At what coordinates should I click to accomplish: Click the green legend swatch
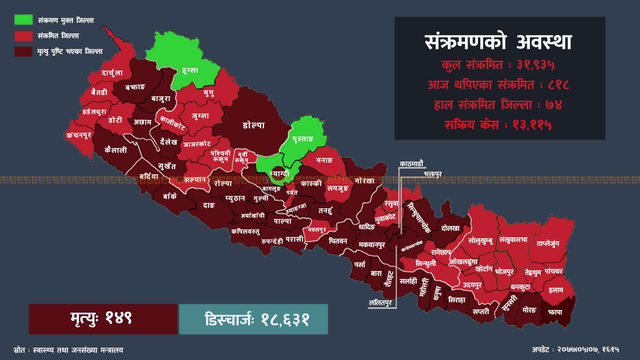coord(23,20)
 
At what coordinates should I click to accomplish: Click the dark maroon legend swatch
coord(23,51)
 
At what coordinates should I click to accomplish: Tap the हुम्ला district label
coord(190,70)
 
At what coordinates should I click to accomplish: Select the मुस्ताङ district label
coord(303,139)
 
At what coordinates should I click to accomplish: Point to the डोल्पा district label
coord(254,125)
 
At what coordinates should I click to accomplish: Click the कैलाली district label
coord(116,150)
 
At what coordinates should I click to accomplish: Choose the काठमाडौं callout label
coord(411,164)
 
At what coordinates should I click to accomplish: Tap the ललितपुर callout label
coord(380,303)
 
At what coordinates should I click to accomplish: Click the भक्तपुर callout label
coord(433,174)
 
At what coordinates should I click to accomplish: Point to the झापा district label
coord(555,312)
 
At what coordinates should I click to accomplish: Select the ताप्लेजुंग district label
coord(548,244)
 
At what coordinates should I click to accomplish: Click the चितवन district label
coord(338,241)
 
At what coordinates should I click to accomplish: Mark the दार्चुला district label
coord(112,73)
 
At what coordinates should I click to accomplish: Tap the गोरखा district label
coord(365,180)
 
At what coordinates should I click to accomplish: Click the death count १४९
coord(119,318)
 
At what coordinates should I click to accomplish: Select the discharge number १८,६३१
coord(285,319)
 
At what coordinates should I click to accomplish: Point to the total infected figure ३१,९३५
coord(535,65)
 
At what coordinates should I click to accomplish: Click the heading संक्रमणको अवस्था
coord(498,42)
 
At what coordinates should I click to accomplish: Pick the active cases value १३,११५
coord(532,125)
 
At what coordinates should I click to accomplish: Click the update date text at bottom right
coord(575,349)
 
